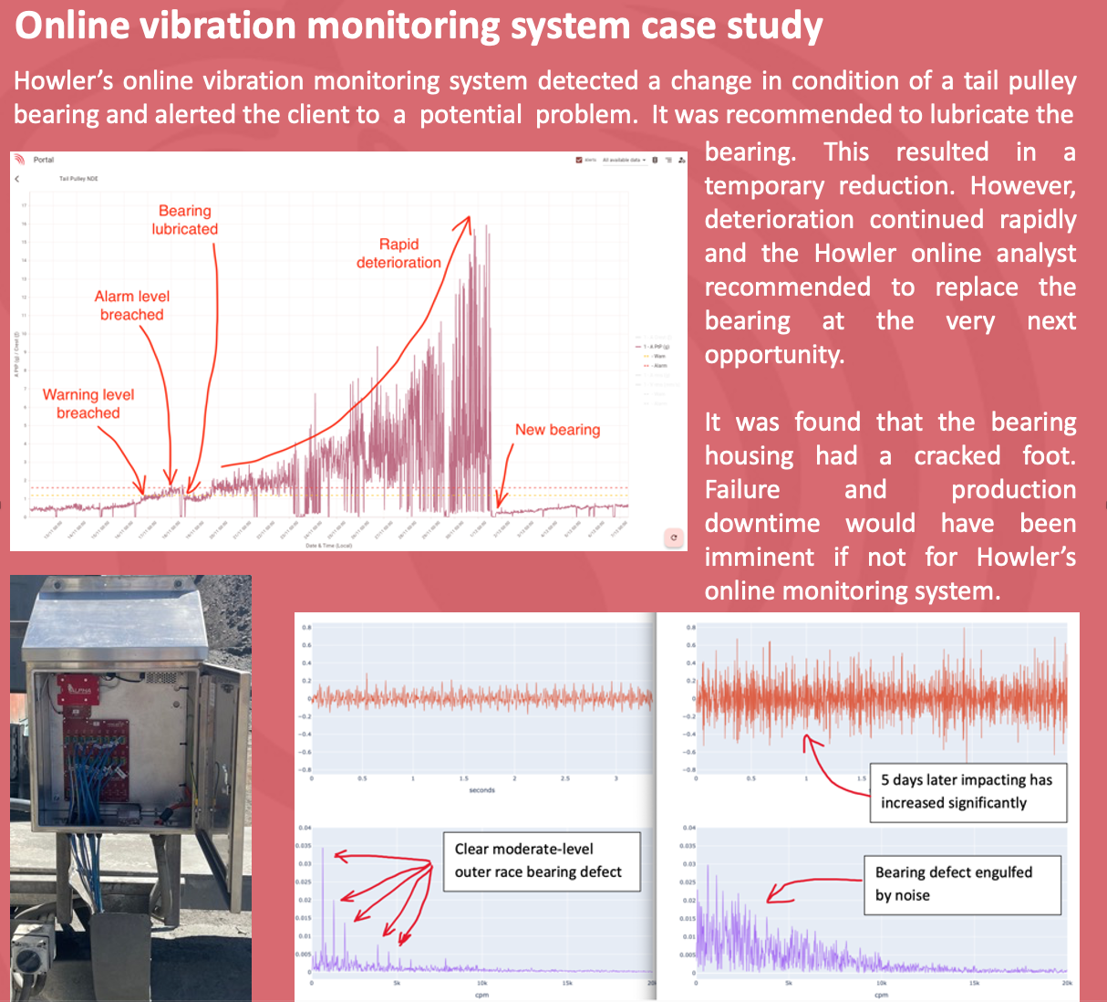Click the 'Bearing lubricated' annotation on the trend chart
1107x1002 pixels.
coord(185,220)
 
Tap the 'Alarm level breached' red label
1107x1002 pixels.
coord(132,306)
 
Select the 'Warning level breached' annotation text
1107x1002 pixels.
coord(88,403)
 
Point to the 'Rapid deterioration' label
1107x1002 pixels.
coord(398,254)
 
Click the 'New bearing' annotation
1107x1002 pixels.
coord(557,430)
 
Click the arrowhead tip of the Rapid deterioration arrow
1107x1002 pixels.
coord(470,217)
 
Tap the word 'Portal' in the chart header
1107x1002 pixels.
coord(44,160)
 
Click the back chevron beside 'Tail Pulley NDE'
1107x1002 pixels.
coord(17,179)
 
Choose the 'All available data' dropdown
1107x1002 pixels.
coord(624,160)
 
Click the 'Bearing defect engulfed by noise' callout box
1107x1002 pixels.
coord(962,884)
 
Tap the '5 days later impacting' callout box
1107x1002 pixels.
coord(967,791)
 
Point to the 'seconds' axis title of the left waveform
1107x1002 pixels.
coord(482,790)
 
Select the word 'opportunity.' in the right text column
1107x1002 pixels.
coord(774,355)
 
